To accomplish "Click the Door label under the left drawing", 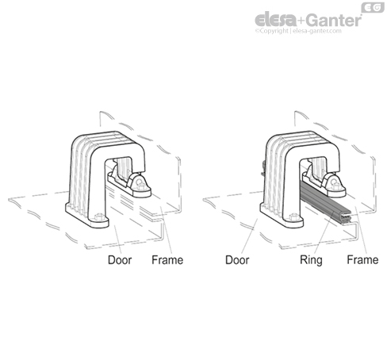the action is (120, 260).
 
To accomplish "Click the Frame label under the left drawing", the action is (167, 260).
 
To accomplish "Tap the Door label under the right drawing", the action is (237, 260).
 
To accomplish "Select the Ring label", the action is (311, 260).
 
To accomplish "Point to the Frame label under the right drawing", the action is (362, 260).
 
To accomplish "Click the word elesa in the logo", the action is (276, 20).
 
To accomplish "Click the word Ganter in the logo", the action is (334, 20).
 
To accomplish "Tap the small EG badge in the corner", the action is (373, 7).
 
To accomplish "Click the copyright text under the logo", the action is (298, 31).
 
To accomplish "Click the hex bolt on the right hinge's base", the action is (294, 216).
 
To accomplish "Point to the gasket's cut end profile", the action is (347, 218).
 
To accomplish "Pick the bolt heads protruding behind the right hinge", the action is (262, 169).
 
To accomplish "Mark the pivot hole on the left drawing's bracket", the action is (140, 181).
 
